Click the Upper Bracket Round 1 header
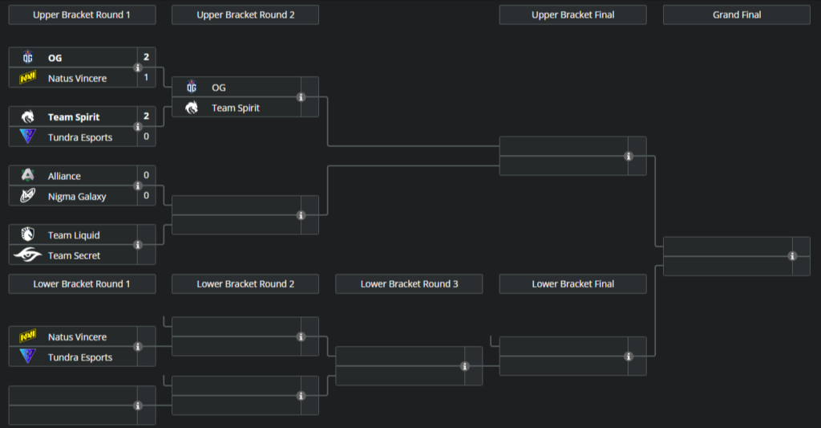click(82, 14)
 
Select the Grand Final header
click(736, 14)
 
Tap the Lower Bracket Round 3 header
click(409, 283)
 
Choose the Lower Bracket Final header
click(572, 283)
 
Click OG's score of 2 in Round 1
click(146, 58)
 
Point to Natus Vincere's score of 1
click(146, 78)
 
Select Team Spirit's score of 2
click(146, 116)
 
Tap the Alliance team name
click(64, 176)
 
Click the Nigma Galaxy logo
click(28, 196)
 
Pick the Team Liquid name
click(74, 235)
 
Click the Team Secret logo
click(28, 255)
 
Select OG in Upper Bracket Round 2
click(224, 88)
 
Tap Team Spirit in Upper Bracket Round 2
click(235, 108)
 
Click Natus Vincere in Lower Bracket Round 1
click(77, 337)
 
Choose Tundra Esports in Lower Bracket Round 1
click(80, 357)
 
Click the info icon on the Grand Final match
click(792, 256)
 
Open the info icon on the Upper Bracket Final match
click(629, 157)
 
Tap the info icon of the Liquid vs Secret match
click(138, 245)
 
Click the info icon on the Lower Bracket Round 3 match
click(465, 366)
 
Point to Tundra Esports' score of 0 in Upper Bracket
click(146, 137)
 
